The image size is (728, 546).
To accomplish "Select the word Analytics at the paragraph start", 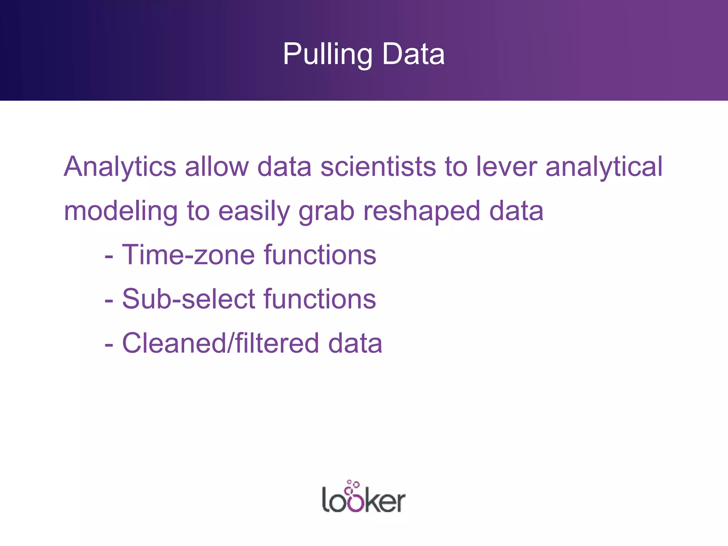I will pyautogui.click(x=120, y=167).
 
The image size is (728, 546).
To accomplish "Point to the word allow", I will pyautogui.click(x=217, y=166).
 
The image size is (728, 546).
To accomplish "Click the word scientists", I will pyautogui.click(x=378, y=166).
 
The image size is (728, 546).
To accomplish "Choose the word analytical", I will pyautogui.click(x=604, y=167).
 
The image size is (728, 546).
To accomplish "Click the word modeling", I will pyautogui.click(x=121, y=211).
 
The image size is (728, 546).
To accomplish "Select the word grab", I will pyautogui.click(x=326, y=211).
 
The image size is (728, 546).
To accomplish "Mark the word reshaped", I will pyautogui.click(x=422, y=211).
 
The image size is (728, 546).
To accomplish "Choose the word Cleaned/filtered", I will pyautogui.click(x=220, y=343).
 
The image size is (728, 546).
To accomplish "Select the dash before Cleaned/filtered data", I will pyautogui.click(x=109, y=344).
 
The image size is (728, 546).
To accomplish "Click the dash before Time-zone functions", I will pyautogui.click(x=109, y=256).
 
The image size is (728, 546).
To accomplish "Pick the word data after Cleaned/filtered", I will pyautogui.click(x=355, y=343).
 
